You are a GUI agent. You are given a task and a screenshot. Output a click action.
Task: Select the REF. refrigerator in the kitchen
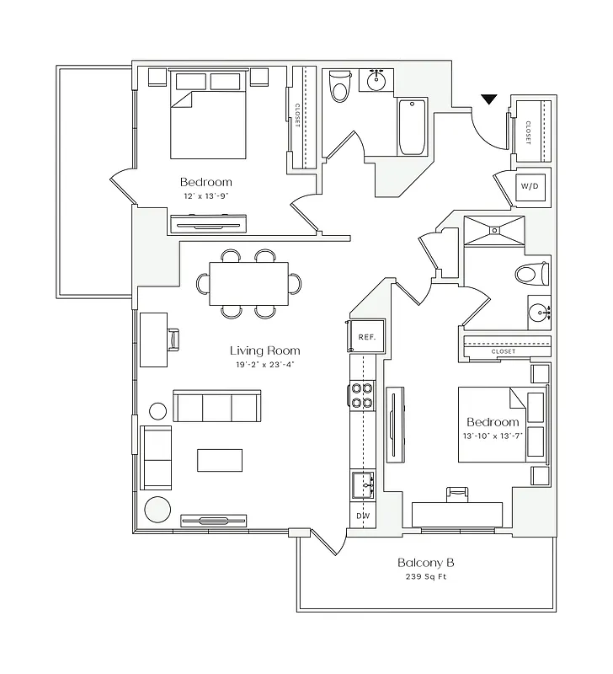tap(366, 336)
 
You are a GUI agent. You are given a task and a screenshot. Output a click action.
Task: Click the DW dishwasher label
tap(363, 515)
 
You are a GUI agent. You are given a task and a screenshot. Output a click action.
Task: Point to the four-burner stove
tap(362, 395)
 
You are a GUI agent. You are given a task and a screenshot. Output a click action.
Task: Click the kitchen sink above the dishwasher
tap(363, 485)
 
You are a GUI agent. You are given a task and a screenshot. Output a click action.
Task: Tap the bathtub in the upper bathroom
tap(413, 127)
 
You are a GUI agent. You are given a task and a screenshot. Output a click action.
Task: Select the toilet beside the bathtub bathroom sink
tap(339, 86)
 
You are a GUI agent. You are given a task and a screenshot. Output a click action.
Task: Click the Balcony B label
tap(426, 563)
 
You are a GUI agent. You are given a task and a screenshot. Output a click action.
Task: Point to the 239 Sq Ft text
tap(426, 578)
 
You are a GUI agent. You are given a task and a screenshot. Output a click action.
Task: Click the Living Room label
tap(264, 350)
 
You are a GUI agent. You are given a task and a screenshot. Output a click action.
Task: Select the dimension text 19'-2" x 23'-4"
tap(264, 365)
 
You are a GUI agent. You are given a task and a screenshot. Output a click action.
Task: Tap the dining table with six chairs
tap(248, 283)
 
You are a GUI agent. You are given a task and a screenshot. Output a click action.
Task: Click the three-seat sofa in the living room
tap(217, 406)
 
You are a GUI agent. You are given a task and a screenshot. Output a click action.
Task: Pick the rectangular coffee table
tap(220, 460)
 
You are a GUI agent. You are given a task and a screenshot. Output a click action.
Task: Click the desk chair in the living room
tap(174, 339)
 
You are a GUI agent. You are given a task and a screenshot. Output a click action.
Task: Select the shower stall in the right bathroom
tap(493, 232)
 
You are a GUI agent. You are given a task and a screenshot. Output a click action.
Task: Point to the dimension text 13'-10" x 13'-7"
tap(493, 436)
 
